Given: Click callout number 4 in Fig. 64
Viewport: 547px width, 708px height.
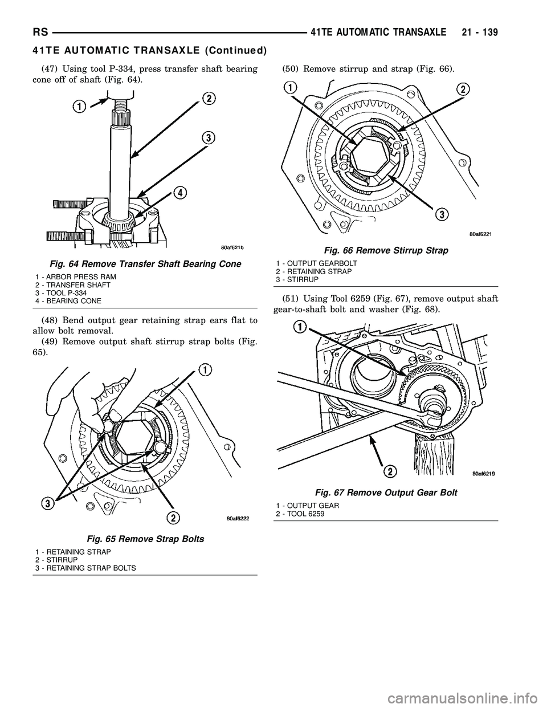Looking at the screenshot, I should coord(180,194).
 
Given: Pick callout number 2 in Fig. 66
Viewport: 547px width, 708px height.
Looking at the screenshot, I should coord(464,89).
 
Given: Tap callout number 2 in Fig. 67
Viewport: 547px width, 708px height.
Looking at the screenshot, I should coord(390,471).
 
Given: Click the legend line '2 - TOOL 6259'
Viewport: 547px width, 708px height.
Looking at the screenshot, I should coord(300,514).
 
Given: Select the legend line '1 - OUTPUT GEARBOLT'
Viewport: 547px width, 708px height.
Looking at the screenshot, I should coord(316,263).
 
